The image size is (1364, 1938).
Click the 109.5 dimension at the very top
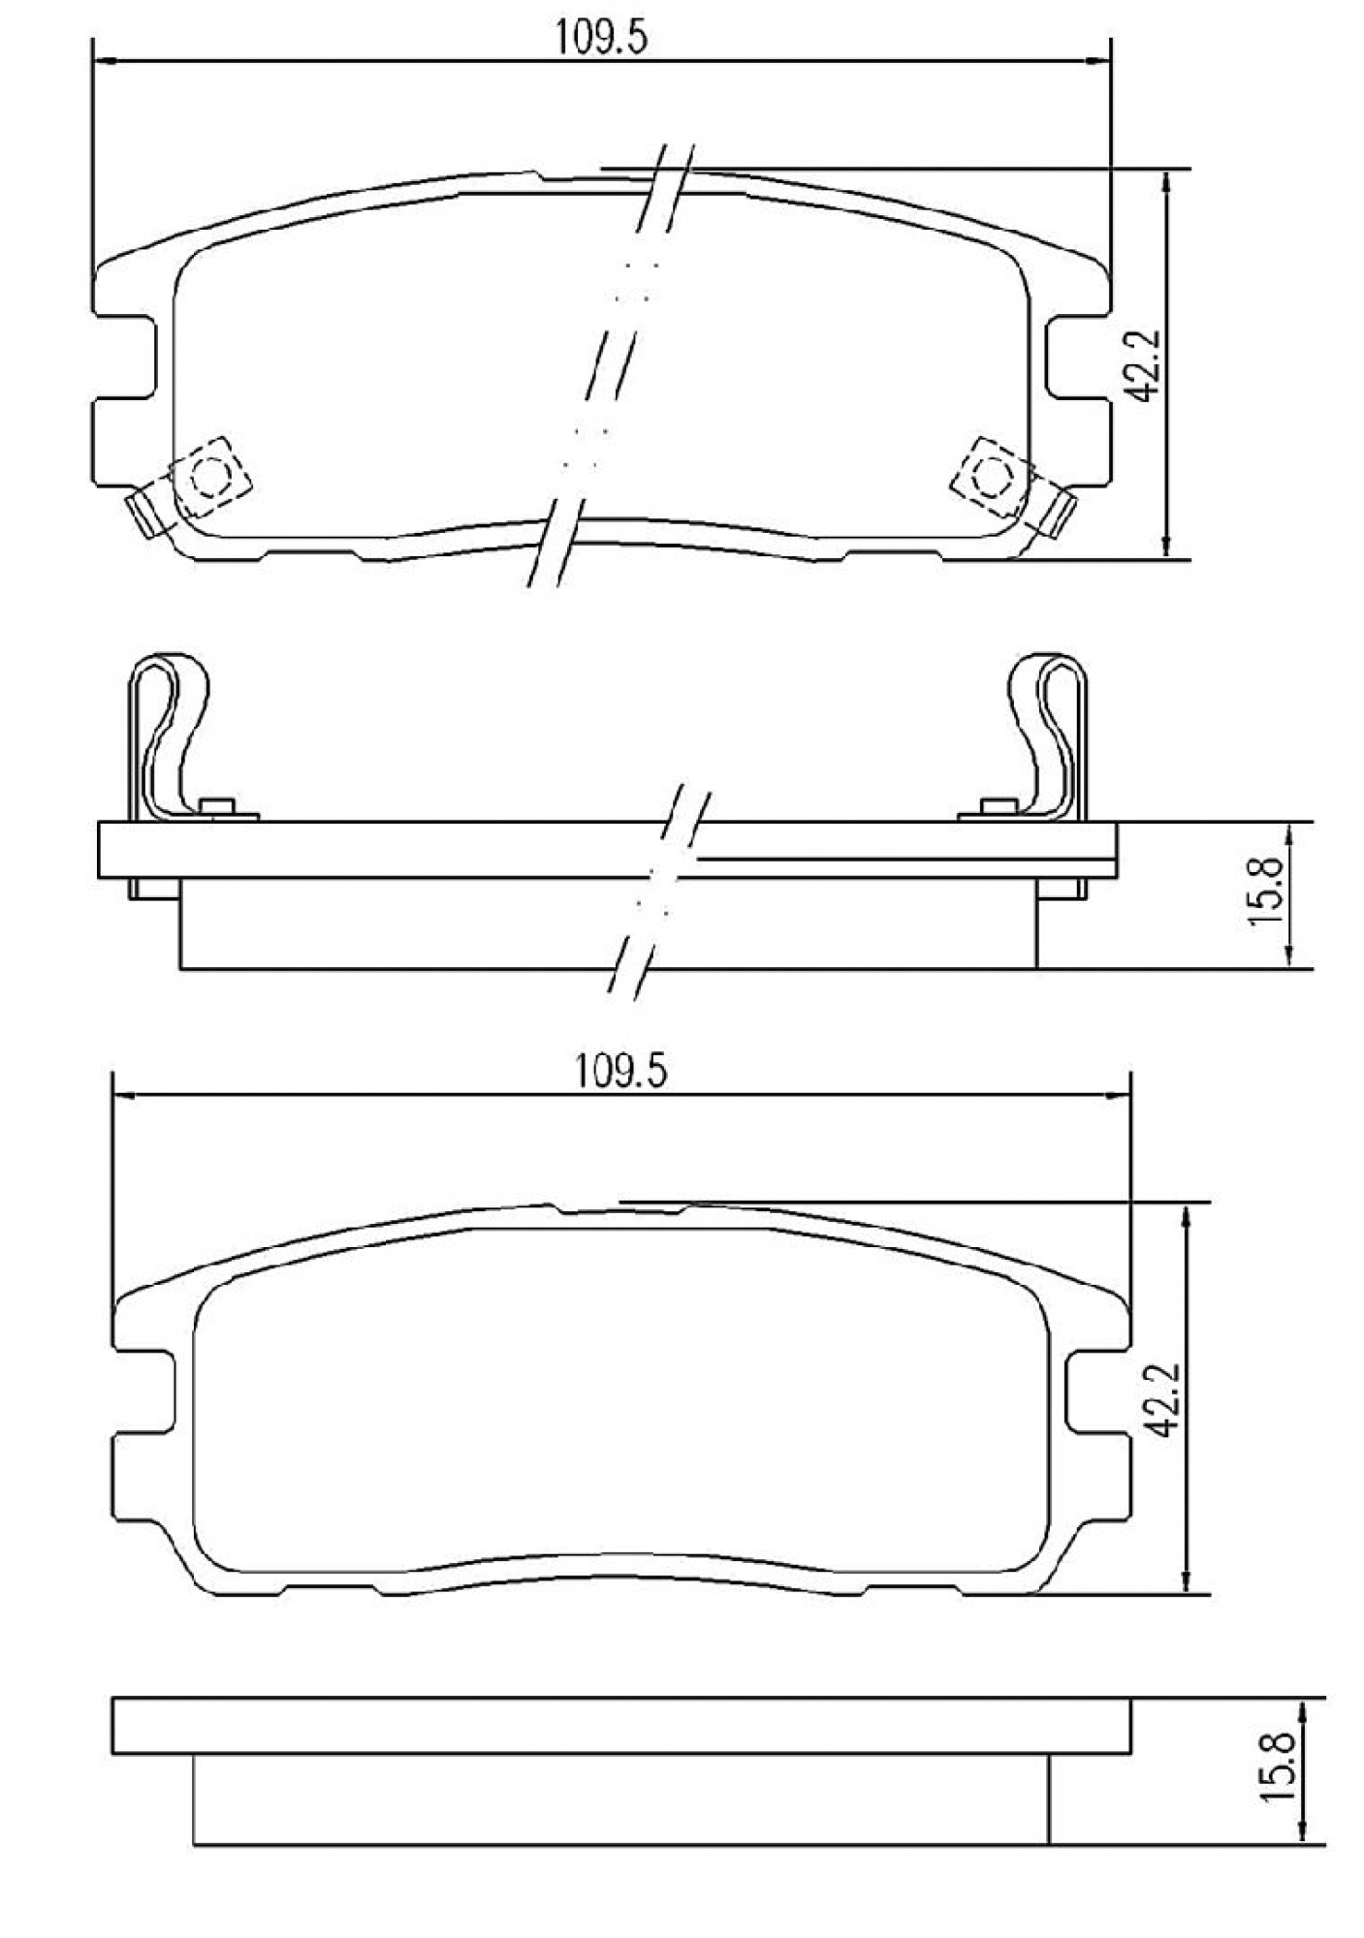600,39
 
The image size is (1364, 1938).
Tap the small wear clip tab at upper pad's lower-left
145,513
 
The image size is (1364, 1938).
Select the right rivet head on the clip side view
994,806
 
